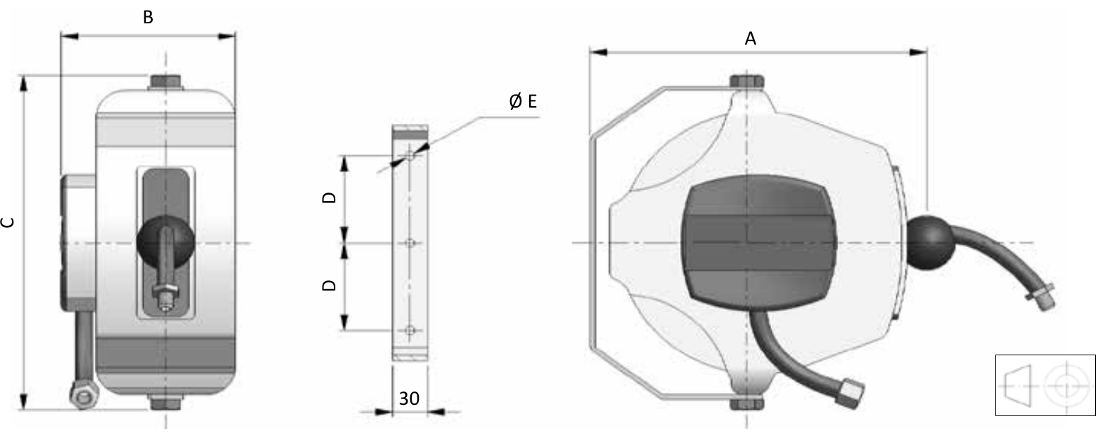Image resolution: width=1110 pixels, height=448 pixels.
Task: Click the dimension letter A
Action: (x=750, y=38)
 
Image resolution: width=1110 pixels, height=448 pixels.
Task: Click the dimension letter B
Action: (x=148, y=18)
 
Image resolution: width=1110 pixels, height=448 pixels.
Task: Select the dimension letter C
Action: (x=8, y=222)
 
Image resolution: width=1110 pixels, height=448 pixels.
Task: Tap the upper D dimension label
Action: (x=329, y=197)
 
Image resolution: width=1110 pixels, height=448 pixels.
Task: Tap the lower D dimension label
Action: (x=329, y=285)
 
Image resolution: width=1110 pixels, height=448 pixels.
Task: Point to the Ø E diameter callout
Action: (x=523, y=101)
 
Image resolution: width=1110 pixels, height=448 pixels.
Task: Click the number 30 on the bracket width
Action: (x=409, y=398)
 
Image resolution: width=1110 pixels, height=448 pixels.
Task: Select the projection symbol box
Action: (x=1045, y=385)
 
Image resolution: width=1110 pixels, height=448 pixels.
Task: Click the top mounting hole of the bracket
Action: (x=410, y=154)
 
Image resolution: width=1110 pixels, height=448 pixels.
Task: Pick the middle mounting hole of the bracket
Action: (x=410, y=243)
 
